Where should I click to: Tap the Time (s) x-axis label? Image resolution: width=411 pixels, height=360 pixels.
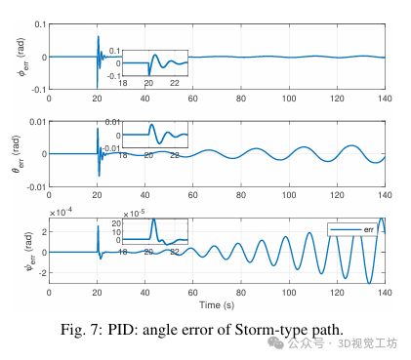click(x=217, y=305)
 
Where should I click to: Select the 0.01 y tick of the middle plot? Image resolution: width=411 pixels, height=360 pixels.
click(x=36, y=122)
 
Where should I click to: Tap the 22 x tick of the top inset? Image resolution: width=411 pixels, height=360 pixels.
click(x=174, y=83)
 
